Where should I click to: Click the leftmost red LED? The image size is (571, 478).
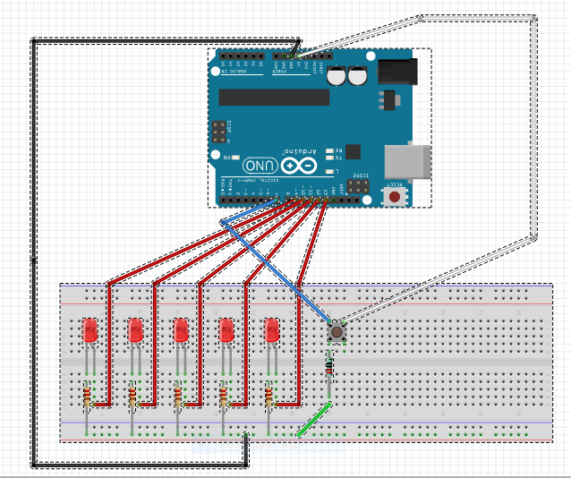point(89,330)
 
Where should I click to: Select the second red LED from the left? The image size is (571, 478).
point(135,330)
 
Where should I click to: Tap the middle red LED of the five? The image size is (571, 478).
point(181,330)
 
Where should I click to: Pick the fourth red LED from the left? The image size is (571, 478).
point(226,330)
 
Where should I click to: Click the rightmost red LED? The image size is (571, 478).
point(272,330)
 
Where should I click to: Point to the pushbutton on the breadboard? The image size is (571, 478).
point(336,331)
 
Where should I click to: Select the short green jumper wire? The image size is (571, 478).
point(314,420)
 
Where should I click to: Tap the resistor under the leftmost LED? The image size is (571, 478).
point(87,395)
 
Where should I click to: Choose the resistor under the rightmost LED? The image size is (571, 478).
point(268,395)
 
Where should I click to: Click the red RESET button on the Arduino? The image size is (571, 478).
point(394,194)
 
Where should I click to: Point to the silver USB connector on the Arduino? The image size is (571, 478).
point(407,161)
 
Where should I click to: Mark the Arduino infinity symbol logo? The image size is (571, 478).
point(299,166)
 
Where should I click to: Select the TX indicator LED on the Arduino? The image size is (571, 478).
point(330,158)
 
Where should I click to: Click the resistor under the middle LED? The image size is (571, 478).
point(177,395)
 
